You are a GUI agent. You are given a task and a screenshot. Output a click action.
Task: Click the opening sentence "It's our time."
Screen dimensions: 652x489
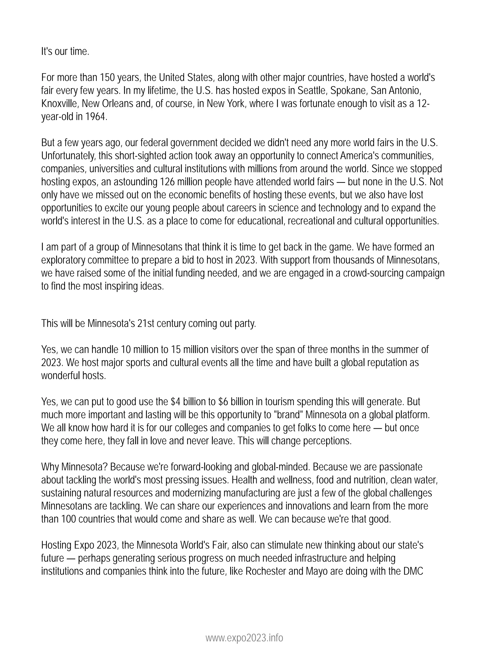pos(65,52)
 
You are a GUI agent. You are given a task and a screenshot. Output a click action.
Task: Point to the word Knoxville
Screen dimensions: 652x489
pos(60,104)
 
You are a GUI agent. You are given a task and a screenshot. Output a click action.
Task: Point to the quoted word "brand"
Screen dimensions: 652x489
pos(289,415)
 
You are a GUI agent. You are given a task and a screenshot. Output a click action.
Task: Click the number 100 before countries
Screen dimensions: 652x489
pos(69,519)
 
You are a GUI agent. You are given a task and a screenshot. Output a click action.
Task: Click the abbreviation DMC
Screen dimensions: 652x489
pos(412,571)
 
